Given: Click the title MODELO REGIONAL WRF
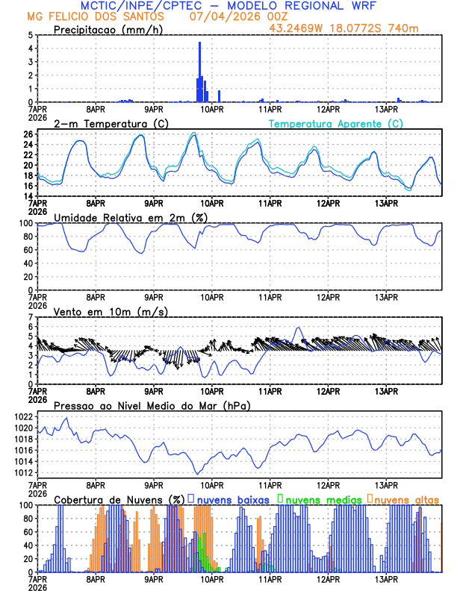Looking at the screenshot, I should click(298, 6).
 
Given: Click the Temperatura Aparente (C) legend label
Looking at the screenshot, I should click(336, 123).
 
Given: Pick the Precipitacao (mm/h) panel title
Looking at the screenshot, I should click(108, 30).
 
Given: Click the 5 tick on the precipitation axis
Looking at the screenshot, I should click(30, 35).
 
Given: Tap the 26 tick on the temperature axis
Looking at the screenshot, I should click(28, 134).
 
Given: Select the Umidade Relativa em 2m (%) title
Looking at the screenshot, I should click(131, 218).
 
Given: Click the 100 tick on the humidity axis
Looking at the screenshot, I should click(25, 223).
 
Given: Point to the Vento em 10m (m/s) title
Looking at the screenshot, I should click(111, 311).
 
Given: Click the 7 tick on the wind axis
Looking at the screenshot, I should click(30, 317).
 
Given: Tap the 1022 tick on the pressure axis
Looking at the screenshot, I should click(22, 416).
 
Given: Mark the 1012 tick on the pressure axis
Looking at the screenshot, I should click(22, 472).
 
